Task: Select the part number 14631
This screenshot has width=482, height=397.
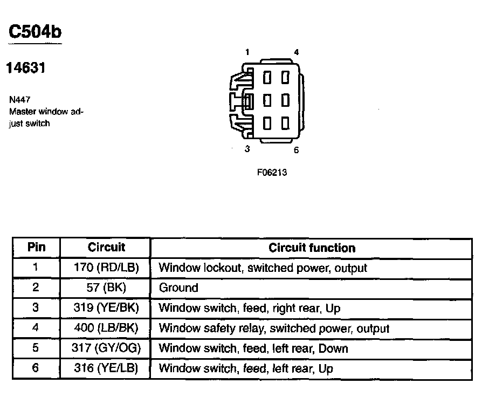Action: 25,68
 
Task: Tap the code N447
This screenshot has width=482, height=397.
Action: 19,100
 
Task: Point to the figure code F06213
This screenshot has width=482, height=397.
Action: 272,174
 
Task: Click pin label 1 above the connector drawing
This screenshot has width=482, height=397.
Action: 247,52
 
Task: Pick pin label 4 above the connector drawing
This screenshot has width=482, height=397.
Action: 296,52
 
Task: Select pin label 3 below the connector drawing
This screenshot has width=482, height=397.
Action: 247,149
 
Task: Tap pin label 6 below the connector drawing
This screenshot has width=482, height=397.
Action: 296,150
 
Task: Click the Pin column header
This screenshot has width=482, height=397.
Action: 36,248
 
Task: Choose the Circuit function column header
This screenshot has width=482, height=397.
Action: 312,248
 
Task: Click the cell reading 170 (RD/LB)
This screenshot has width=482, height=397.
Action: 106,268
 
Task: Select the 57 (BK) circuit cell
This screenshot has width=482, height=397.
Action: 106,288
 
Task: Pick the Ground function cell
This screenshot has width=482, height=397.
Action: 178,288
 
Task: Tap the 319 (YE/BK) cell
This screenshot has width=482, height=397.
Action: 106,308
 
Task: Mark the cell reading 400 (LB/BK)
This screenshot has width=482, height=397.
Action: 106,328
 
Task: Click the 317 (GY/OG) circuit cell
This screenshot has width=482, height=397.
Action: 106,348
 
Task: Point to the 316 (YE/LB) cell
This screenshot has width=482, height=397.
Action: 106,368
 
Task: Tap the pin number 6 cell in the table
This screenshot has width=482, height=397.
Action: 36,368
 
